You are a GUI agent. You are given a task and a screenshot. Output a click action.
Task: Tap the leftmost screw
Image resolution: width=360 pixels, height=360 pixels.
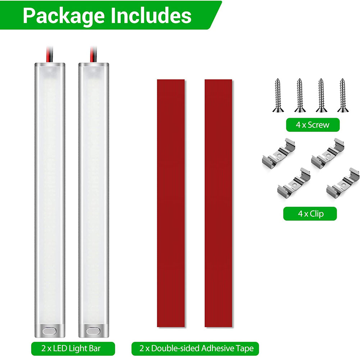278,95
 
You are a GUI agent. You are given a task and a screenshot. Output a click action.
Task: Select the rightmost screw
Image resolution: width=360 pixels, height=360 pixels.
343,95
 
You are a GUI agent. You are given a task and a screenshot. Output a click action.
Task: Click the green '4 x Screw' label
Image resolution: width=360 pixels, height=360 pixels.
313,125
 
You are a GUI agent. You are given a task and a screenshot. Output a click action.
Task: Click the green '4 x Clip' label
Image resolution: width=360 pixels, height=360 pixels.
310,214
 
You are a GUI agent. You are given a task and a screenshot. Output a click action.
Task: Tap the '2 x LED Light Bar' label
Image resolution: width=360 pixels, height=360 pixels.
73,348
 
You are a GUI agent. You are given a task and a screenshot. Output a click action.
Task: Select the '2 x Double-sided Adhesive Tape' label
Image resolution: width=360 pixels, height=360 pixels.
195,348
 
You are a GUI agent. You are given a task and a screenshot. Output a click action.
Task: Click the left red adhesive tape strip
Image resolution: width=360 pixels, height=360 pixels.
171,203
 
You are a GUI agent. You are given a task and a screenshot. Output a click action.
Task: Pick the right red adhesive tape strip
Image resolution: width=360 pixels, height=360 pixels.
218,203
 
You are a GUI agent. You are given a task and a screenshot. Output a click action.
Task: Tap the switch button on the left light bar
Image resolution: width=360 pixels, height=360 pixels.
49,331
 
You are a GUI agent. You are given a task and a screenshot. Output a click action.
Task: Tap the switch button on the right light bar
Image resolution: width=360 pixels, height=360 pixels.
93,331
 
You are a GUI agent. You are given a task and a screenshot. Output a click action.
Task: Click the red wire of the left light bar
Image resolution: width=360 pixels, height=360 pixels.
49,54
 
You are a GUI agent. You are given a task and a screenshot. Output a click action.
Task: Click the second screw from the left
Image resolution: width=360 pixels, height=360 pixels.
300,95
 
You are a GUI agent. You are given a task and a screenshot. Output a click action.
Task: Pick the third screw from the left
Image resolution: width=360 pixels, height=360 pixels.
321,95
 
